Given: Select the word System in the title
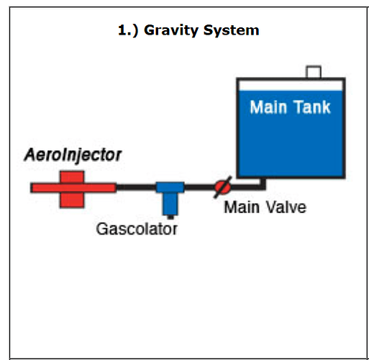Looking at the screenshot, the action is click(231, 31).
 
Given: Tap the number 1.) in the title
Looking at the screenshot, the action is click(128, 31).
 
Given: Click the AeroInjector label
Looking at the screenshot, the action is click(73, 156).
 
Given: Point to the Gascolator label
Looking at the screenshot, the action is click(137, 229).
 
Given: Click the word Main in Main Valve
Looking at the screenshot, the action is click(242, 207).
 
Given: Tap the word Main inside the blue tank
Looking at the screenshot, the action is click(268, 107).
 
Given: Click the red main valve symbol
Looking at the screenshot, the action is click(223, 187).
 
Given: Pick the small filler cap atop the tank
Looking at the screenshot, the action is click(314, 72).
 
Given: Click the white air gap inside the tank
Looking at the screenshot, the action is click(291, 86).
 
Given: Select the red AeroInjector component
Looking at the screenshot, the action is click(73, 189).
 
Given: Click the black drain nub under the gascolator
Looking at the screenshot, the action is click(170, 217).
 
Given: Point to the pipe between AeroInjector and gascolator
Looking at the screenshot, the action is click(136, 187).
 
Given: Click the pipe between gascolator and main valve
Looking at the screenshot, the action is click(199, 187).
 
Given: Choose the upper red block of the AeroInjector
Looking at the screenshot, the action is click(72, 177).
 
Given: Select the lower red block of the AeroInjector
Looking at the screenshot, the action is click(72, 200).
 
